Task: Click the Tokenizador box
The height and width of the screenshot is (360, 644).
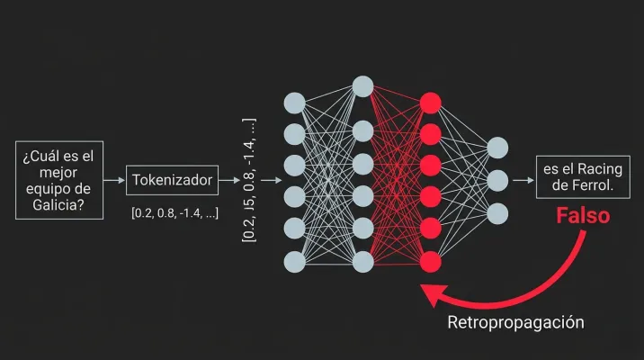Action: (172, 180)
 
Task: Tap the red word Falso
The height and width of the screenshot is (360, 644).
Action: (583, 216)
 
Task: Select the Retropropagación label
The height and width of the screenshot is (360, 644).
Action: (516, 322)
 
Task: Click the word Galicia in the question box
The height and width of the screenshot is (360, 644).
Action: (58, 204)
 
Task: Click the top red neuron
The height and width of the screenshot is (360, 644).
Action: (431, 103)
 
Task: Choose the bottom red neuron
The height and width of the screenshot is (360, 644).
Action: (431, 262)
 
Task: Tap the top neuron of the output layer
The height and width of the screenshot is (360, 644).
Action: (497, 148)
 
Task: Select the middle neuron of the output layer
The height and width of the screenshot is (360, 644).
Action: (497, 181)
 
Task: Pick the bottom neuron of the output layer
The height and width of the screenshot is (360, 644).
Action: (497, 213)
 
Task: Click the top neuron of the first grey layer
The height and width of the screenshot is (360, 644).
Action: (294, 103)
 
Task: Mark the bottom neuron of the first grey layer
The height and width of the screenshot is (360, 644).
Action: (294, 262)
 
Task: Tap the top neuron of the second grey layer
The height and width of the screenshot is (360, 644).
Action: (362, 86)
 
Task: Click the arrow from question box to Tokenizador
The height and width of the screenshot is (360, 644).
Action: (114, 180)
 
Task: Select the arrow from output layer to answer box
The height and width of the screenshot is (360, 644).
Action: (523, 180)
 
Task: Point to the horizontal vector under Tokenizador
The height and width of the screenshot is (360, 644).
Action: (175, 213)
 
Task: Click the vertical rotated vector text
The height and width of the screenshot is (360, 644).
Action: (249, 180)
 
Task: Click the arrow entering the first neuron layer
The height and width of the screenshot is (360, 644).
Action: (272, 180)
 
